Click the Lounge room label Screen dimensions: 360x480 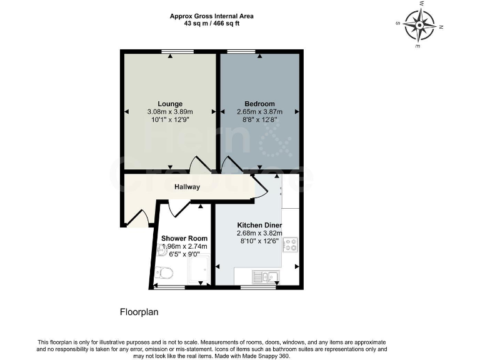pyautogui.click(x=170, y=104)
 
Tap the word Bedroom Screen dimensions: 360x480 pyautogui.click(x=259, y=104)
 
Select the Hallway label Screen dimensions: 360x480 pyautogui.click(x=187, y=186)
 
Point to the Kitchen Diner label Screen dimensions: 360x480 pyautogui.click(x=259, y=225)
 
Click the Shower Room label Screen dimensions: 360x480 pyautogui.click(x=184, y=238)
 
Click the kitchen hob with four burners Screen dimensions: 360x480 pyautogui.click(x=291, y=244)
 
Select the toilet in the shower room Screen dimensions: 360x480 pyautogui.click(x=165, y=272)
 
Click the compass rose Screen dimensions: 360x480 pyautogui.click(x=419, y=25)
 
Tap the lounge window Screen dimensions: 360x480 pyautogui.click(x=170, y=52)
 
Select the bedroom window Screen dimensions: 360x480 pyautogui.click(x=241, y=52)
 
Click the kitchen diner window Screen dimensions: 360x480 pyautogui.click(x=257, y=287)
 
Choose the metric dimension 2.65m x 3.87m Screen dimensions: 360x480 pyautogui.click(x=259, y=112)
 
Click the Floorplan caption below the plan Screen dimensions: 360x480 pyautogui.click(x=139, y=311)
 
